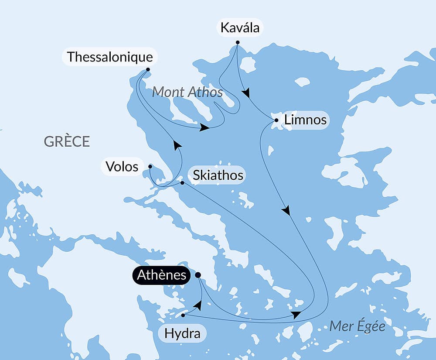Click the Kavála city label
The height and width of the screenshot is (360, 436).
(240, 28)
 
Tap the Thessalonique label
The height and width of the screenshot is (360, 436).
(110, 57)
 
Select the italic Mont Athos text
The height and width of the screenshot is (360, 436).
(187, 92)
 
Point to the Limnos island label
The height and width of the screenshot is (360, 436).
(305, 120)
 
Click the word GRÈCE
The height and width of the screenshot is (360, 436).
(67, 141)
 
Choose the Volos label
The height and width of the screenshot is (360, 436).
(122, 166)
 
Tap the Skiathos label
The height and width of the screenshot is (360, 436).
(218, 175)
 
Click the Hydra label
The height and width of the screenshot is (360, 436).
(182, 334)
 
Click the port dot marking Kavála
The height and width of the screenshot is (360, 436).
(238, 42)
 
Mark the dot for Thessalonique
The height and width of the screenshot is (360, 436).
(148, 69)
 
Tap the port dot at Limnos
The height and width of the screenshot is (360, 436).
(276, 120)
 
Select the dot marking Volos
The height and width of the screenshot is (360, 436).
(150, 166)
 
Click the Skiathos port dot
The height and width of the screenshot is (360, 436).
(182, 183)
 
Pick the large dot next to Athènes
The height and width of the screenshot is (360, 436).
(198, 275)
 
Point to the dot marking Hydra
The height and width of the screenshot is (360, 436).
(183, 315)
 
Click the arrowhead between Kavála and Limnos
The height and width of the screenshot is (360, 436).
(246, 93)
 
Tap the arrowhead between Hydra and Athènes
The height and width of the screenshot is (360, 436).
(198, 305)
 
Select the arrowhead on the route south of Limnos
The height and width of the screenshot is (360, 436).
(286, 211)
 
